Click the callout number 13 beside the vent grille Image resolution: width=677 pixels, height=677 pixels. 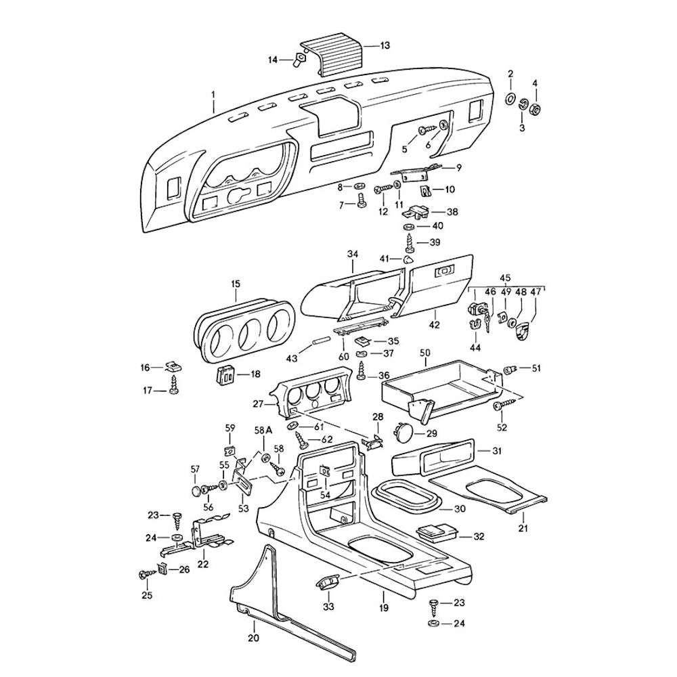tap(385, 46)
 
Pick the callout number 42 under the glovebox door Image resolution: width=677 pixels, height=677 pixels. tap(434, 325)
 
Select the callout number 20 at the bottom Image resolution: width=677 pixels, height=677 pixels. tap(253, 638)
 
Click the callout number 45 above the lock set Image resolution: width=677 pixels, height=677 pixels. tap(505, 277)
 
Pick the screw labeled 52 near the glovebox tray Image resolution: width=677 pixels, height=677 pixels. tap(499, 406)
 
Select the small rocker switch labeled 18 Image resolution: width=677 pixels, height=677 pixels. tap(226, 374)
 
